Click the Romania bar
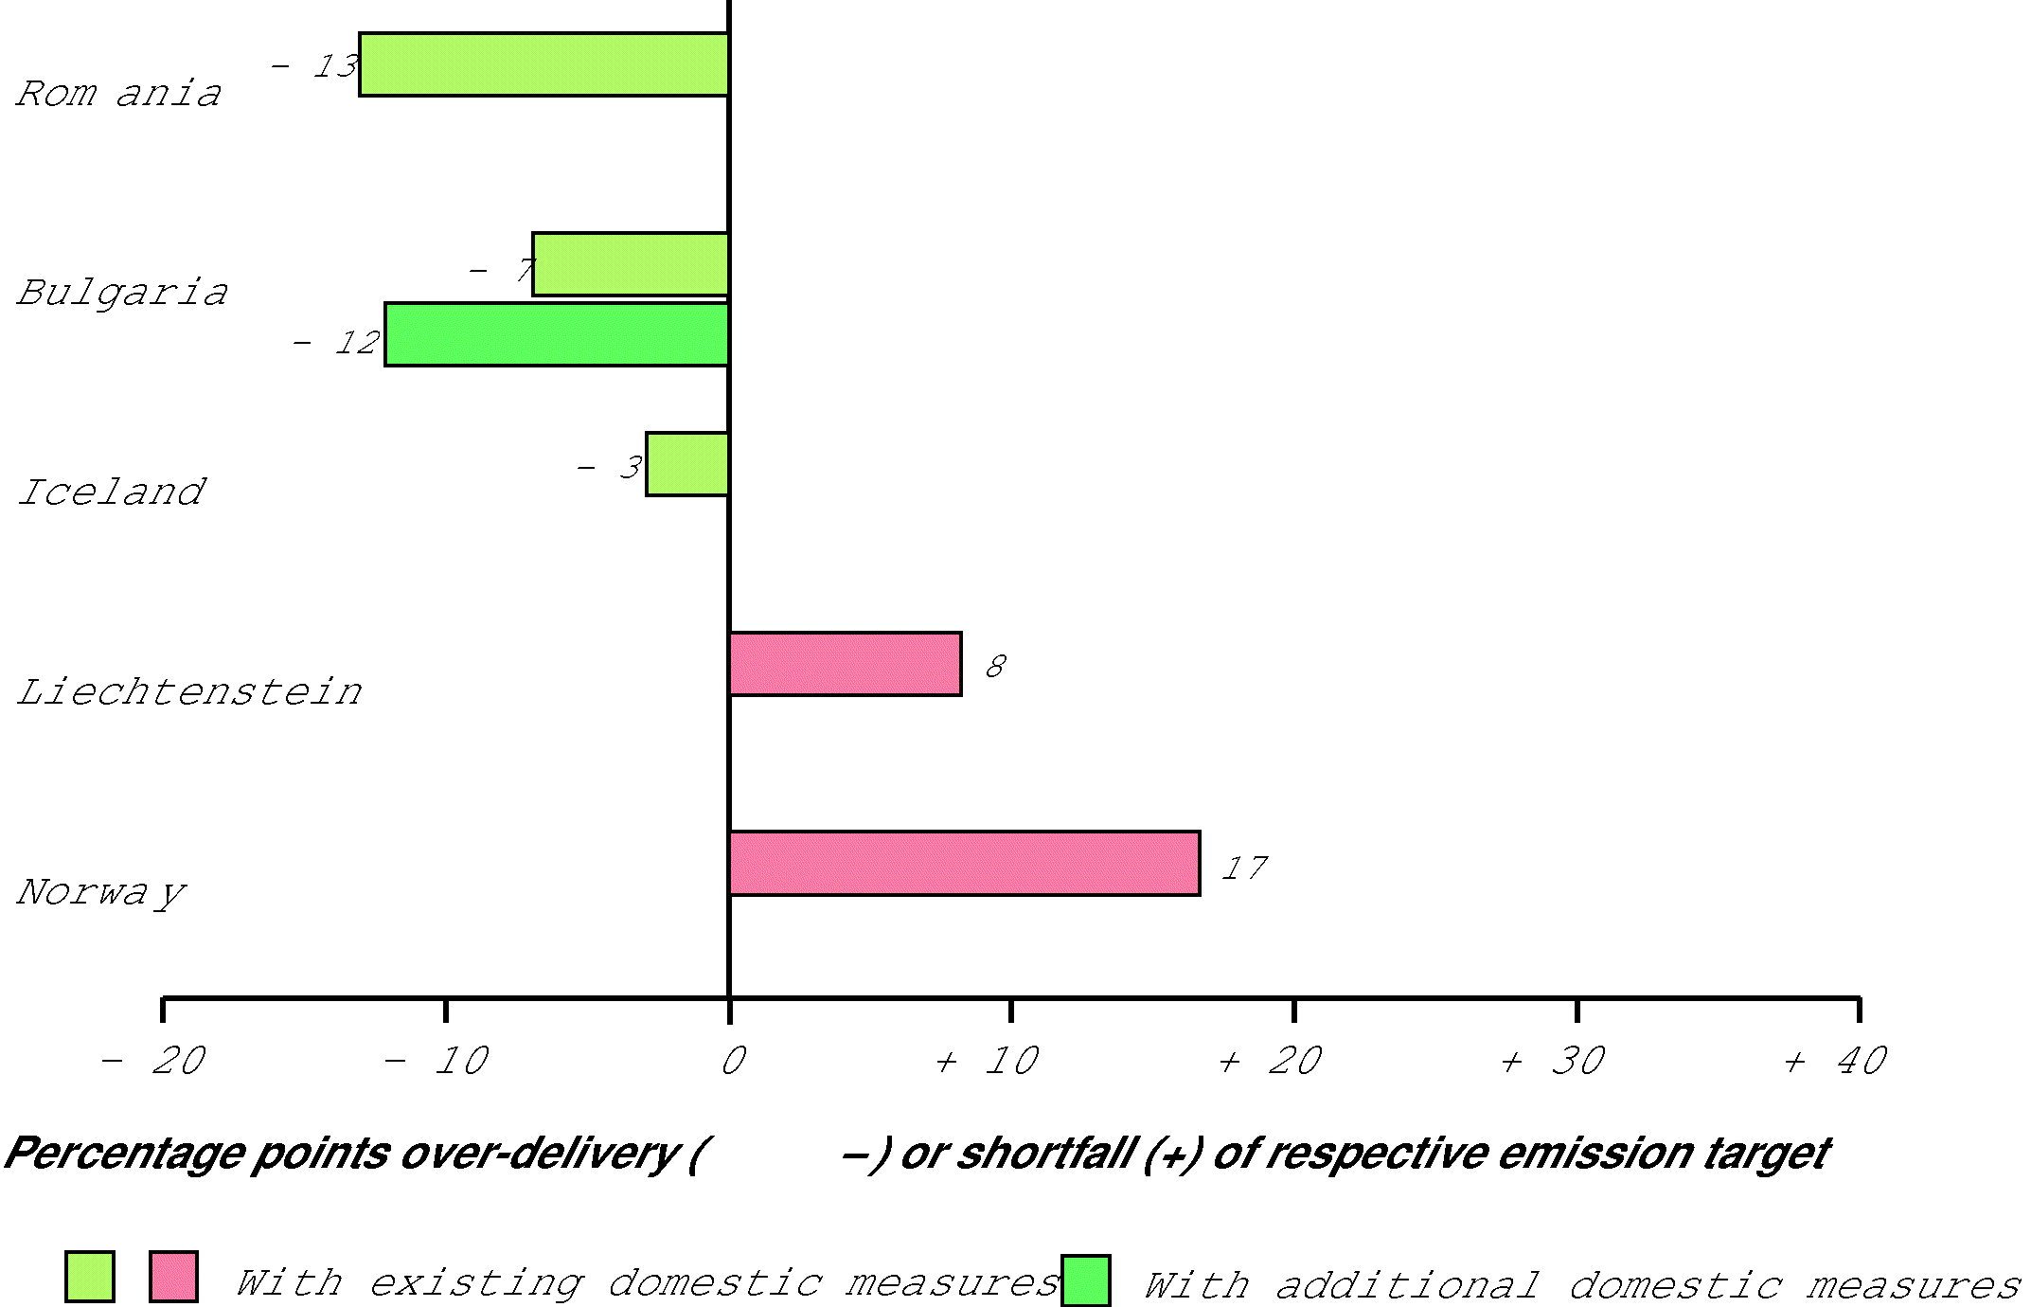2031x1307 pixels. pos(543,64)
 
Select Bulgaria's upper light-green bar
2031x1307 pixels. pos(631,264)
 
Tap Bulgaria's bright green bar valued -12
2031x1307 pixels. pos(557,334)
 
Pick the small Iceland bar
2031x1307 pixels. pos(687,464)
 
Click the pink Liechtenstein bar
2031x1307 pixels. pos(846,664)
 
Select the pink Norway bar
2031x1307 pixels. pos(965,864)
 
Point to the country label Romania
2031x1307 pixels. pos(119,94)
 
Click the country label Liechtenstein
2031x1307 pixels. pos(189,692)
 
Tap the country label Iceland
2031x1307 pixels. pos(112,492)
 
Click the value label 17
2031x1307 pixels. pos(1243,868)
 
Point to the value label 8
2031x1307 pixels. pos(995,667)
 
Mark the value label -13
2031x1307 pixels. pos(315,66)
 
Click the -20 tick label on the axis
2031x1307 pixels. pos(153,1061)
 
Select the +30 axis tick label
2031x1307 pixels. pos(1553,1061)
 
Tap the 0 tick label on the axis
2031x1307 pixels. pos(733,1061)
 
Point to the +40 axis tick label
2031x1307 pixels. pos(1835,1061)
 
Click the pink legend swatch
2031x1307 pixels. pos(173,1277)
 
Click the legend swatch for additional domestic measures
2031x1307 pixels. pos(1085,1280)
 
